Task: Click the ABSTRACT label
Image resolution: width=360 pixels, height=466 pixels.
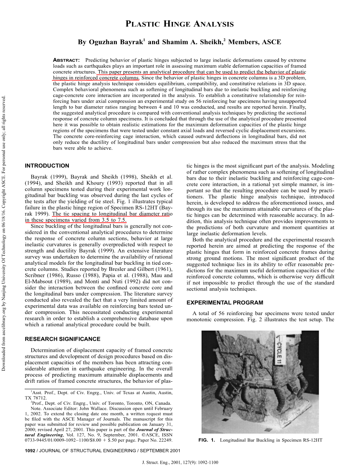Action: click(66, 60)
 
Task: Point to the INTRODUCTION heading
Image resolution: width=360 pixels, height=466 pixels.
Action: click(47, 166)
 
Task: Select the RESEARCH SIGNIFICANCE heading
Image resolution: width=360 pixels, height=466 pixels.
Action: click(62, 339)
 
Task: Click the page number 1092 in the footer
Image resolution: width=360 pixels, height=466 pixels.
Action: click(31, 450)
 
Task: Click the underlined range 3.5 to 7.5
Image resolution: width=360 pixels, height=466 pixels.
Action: click(110, 220)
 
